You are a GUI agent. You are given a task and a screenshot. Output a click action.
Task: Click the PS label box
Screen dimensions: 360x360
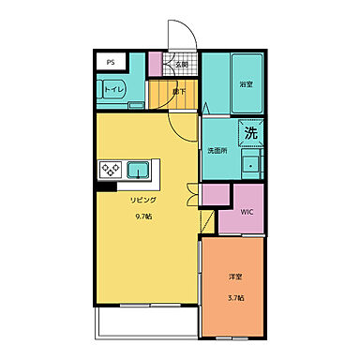click(x=111, y=63)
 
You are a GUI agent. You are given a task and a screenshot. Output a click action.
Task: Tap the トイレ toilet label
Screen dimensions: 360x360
click(x=113, y=89)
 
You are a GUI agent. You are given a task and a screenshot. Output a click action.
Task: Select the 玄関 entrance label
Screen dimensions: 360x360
click(x=181, y=65)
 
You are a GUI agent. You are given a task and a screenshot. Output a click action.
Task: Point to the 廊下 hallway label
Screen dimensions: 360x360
click(x=178, y=91)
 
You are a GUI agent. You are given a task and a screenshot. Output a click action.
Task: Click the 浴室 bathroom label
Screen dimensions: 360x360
click(x=247, y=83)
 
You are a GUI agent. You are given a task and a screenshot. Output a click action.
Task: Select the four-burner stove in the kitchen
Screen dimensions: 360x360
click(x=110, y=170)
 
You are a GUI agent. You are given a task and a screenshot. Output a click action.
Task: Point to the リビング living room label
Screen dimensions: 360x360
click(x=143, y=200)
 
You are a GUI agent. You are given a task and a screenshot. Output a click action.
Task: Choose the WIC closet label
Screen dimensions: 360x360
click(x=247, y=212)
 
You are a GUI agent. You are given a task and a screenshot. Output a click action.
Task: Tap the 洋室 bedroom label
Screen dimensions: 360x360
click(x=235, y=277)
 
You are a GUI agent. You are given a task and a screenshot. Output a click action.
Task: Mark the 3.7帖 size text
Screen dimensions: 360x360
click(x=235, y=297)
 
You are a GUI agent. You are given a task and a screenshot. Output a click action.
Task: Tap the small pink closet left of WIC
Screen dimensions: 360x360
click(x=214, y=198)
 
